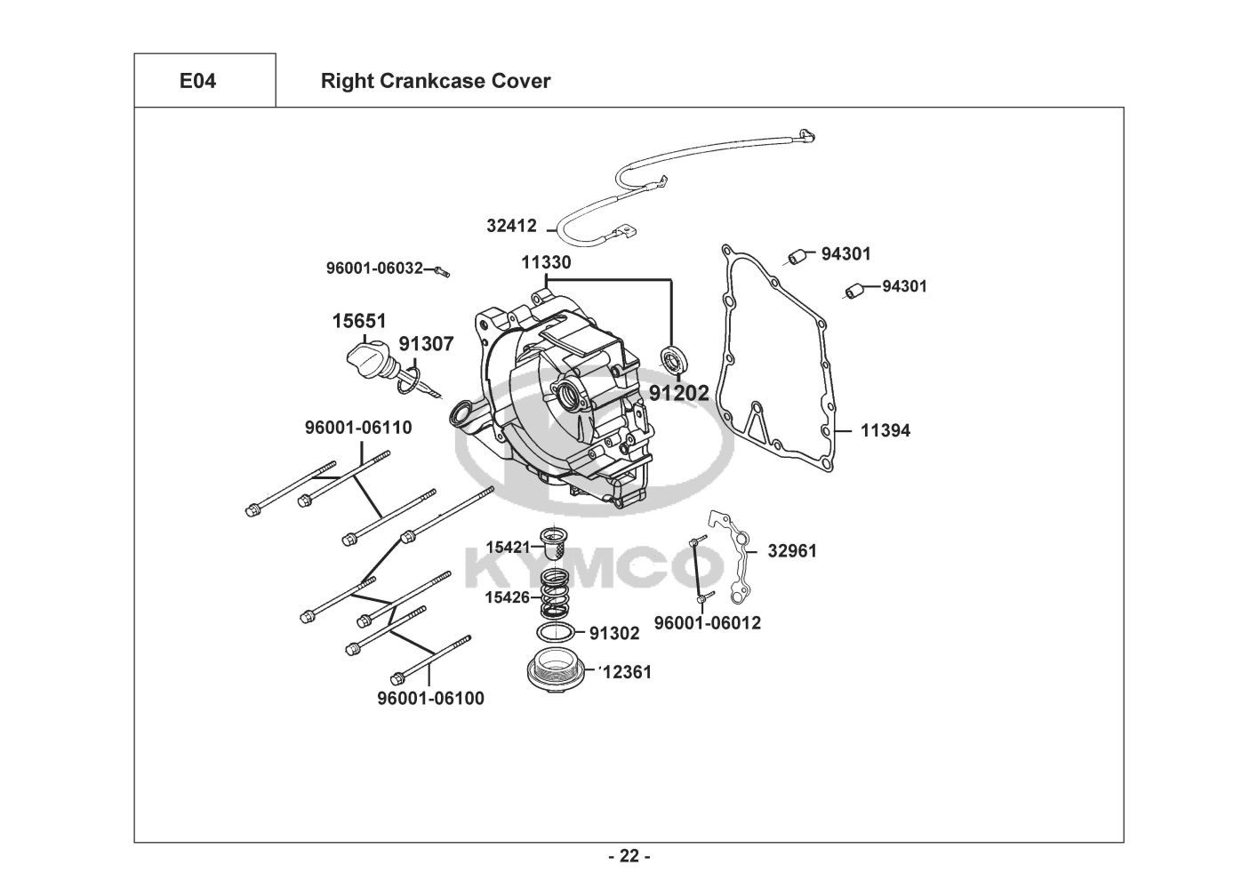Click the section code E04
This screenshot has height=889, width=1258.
point(197,81)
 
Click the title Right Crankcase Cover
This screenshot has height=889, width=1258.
point(436,81)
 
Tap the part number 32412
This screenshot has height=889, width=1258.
point(511,226)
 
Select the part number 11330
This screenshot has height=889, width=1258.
point(546,262)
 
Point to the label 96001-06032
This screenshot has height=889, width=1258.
point(374,268)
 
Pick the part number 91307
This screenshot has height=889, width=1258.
point(426,344)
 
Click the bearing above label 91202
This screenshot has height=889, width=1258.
point(675,360)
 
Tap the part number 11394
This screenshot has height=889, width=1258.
point(885,431)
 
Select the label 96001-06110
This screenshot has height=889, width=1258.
point(358,428)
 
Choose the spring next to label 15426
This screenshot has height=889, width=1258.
point(555,594)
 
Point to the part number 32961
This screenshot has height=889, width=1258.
point(792,551)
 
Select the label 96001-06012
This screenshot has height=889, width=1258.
point(708,623)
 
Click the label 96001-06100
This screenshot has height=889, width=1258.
point(431,699)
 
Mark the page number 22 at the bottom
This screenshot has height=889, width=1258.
point(629,856)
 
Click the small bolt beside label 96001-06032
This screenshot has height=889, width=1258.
point(442,271)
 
